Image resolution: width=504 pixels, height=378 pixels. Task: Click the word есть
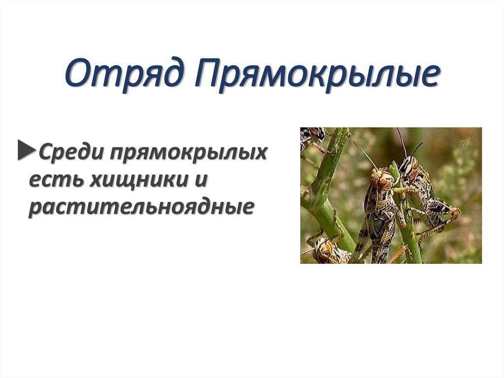(55, 180)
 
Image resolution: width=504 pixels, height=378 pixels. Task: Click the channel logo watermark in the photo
(464, 144)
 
